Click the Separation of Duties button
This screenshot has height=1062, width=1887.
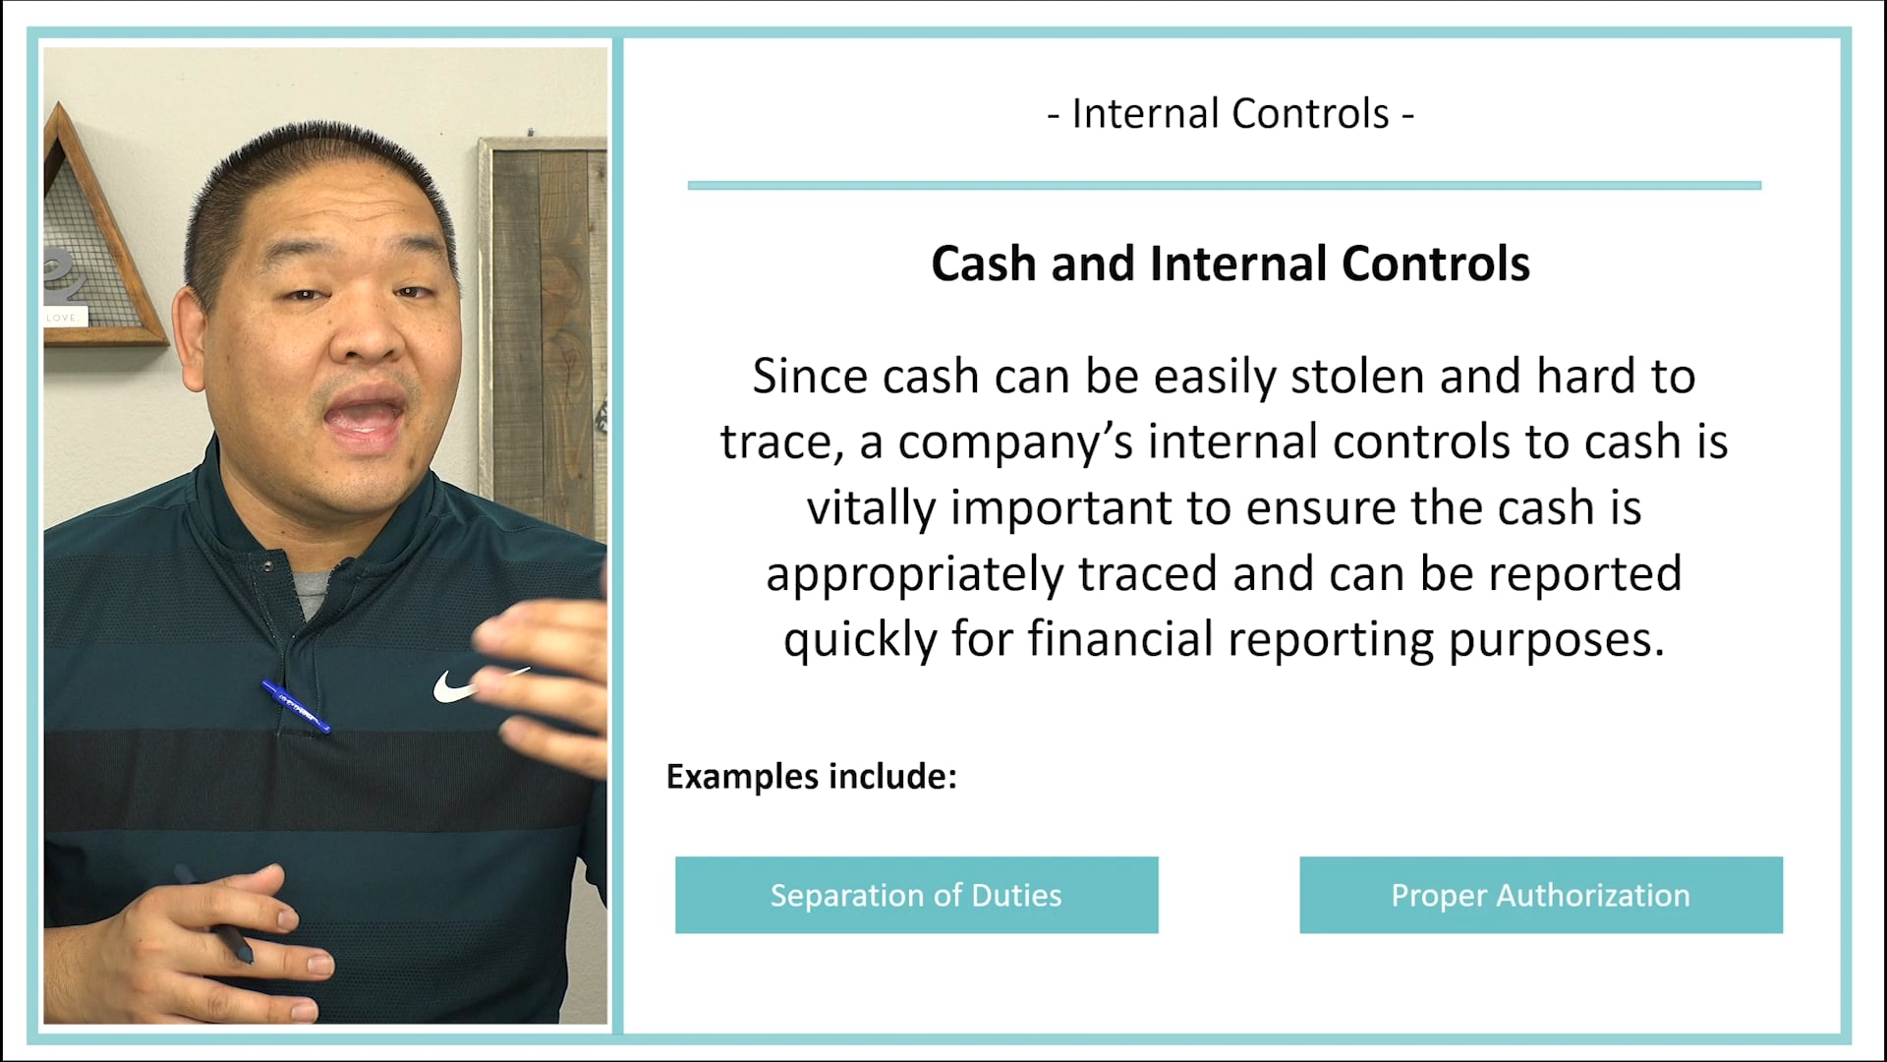(x=916, y=895)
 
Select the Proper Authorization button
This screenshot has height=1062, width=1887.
(x=1540, y=895)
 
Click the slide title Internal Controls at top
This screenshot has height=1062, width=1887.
(x=1230, y=114)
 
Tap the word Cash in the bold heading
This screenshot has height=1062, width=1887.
(x=984, y=264)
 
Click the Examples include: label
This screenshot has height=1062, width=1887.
(x=811, y=777)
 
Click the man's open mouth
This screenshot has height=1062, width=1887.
(x=366, y=417)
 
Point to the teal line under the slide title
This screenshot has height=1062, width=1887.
(x=1224, y=185)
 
